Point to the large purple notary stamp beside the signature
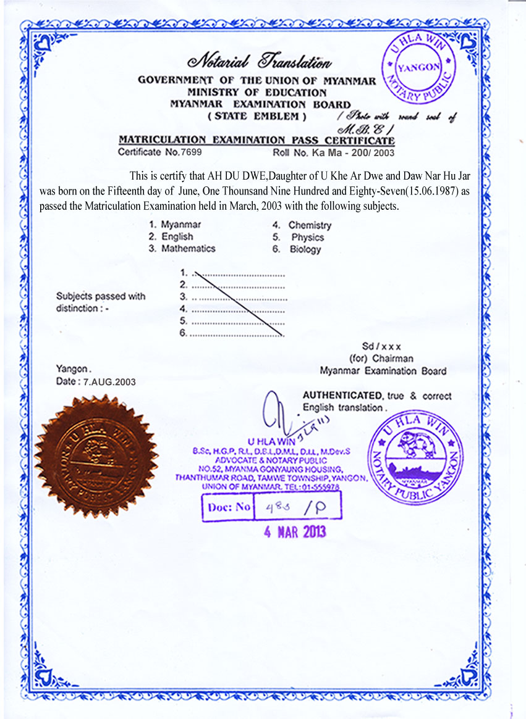pos(415,457)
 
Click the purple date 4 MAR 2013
pos(295,532)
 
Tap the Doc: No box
pos(271,507)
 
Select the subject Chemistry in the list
pos(310,225)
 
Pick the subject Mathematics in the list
pos(188,249)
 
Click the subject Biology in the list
pos(305,249)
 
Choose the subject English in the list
pos(177,237)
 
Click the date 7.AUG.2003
pos(105,382)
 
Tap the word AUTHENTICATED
pos(342,396)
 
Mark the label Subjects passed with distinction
pos(101,302)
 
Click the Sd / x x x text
pos(381,347)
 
